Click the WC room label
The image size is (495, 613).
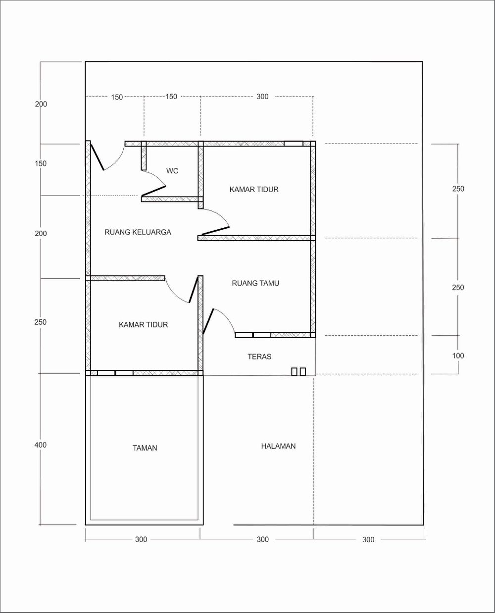[x=172, y=171]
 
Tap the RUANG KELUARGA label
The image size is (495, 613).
[x=138, y=232]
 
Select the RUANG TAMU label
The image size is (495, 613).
[x=255, y=283]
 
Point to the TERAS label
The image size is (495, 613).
[x=259, y=357]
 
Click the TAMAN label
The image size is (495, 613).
[x=145, y=448]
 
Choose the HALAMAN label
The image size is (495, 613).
[x=278, y=446]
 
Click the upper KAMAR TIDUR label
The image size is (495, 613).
[x=254, y=189]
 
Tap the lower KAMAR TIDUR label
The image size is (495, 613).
[x=143, y=325]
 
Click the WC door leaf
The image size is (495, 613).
[x=153, y=191]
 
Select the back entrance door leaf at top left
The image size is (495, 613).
[x=97, y=157]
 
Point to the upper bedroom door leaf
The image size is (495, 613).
[x=215, y=231]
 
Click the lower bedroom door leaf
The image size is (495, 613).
[x=194, y=289]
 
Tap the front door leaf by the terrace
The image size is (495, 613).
[x=208, y=321]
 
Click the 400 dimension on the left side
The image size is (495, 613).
[x=40, y=445]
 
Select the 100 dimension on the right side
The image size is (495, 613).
[x=458, y=356]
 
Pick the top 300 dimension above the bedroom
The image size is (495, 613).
[x=262, y=97]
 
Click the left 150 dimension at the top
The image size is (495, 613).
[x=117, y=97]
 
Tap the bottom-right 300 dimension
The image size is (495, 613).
[x=368, y=540]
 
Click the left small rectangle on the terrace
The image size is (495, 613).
[x=294, y=371]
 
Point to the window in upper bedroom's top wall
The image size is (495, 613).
[x=294, y=144]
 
